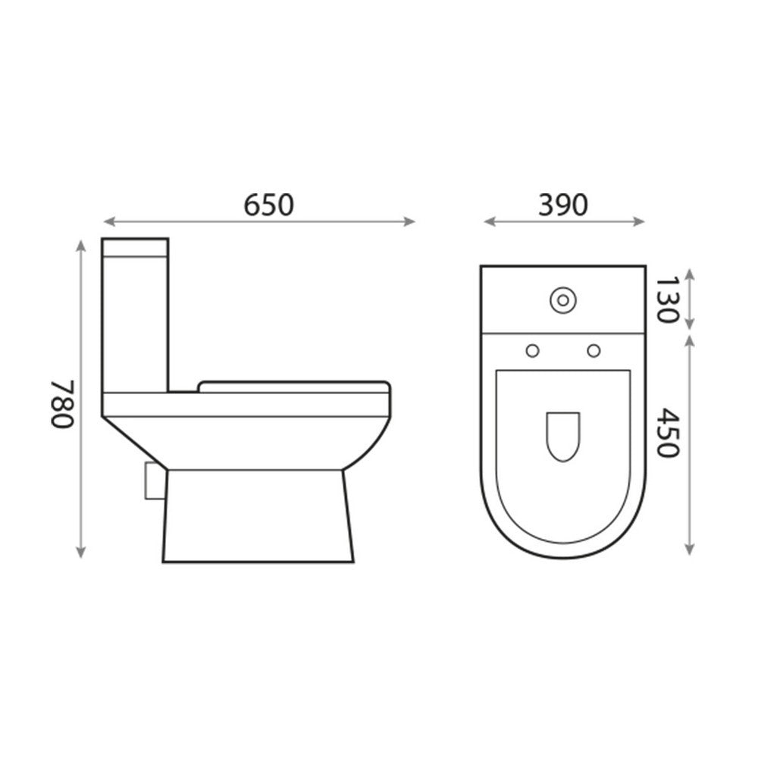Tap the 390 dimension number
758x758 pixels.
tap(562, 205)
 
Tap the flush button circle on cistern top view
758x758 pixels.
tap(562, 300)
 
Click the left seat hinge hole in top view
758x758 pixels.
tap(532, 349)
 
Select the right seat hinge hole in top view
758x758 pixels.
tap(594, 349)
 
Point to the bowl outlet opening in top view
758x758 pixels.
tap(562, 437)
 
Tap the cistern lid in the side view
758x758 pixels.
tap(135, 248)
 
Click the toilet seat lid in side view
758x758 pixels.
tap(294, 387)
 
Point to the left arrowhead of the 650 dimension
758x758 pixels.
tap(108, 221)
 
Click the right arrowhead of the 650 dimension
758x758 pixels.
tap(412, 221)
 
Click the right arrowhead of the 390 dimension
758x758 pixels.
tap(641, 221)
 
